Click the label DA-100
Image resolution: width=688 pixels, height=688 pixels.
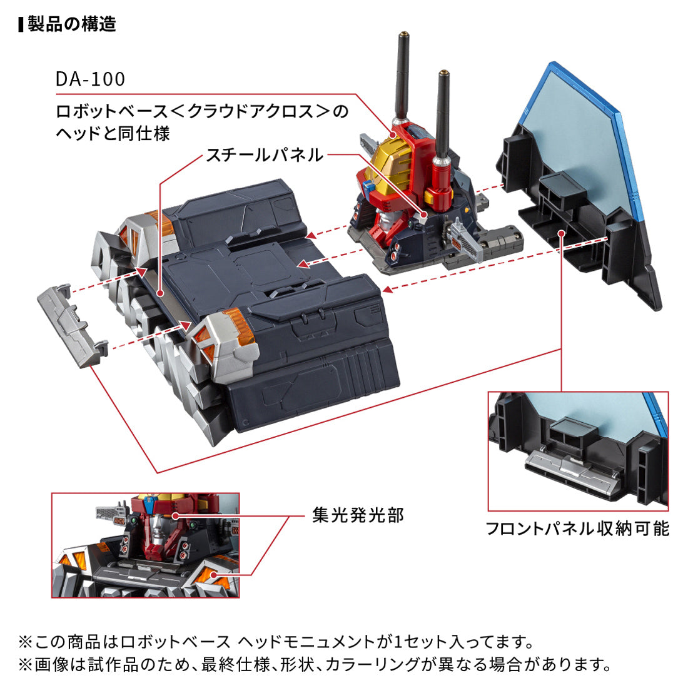pyautogui.click(x=90, y=79)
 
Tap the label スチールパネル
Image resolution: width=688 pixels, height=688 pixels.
pyautogui.click(x=265, y=154)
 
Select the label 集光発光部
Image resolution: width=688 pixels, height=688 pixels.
pyautogui.click(x=358, y=515)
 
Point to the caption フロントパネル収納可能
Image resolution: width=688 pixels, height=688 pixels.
pyautogui.click(x=577, y=529)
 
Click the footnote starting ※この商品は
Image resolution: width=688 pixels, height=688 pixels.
pyautogui.click(x=276, y=642)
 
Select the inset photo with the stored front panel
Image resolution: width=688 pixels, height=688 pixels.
pyautogui.click(x=578, y=451)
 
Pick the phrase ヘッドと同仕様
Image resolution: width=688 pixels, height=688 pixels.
pyautogui.click(x=113, y=133)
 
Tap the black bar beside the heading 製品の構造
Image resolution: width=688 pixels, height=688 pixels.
pyautogui.click(x=21, y=24)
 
